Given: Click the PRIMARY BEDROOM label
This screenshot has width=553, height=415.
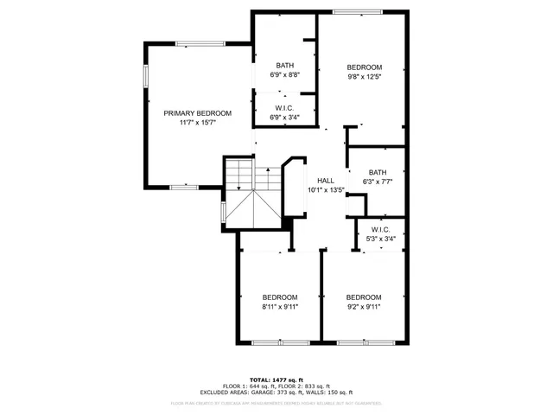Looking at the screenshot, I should [x=198, y=113].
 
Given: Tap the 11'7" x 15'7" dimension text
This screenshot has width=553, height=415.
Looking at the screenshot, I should [x=198, y=123].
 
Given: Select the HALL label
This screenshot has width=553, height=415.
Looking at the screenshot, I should [x=326, y=180].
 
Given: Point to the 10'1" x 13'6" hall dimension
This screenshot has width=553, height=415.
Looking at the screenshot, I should [x=326, y=189].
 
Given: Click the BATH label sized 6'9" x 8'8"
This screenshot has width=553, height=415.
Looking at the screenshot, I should [x=284, y=66].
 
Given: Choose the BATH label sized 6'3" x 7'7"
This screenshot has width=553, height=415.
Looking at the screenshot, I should [x=378, y=172].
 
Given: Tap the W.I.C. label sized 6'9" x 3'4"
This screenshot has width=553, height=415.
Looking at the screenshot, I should [x=284, y=108].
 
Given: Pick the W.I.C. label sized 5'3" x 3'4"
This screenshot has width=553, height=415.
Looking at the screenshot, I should [x=381, y=230].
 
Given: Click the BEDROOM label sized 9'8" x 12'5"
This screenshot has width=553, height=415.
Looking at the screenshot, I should [x=364, y=67].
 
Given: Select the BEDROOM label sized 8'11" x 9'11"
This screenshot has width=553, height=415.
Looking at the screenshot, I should [x=280, y=297].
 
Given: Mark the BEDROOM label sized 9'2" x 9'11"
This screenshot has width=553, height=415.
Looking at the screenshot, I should [x=364, y=297].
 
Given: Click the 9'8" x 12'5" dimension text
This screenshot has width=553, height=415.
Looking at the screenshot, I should [x=364, y=76].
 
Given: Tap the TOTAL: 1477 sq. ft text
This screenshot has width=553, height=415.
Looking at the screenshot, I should [x=276, y=379].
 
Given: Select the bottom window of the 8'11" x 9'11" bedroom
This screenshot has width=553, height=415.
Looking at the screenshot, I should [x=280, y=343].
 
